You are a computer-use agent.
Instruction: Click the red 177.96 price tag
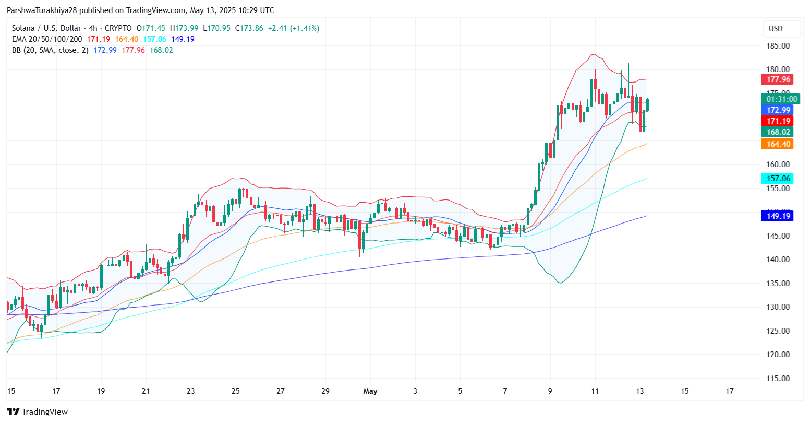coord(777,79)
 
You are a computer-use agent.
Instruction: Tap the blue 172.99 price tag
coord(777,110)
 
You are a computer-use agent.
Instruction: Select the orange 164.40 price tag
coord(777,144)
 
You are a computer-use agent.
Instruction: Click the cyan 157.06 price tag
coord(777,179)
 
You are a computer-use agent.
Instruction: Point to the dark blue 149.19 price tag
coord(777,216)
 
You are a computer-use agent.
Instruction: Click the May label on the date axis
coord(370,391)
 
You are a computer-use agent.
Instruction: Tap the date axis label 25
coord(235,391)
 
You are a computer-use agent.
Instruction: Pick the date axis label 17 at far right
coord(730,391)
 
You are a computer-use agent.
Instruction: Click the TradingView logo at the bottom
coord(37,412)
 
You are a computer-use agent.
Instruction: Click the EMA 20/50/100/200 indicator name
coord(47,39)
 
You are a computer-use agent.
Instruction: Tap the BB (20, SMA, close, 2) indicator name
coord(50,50)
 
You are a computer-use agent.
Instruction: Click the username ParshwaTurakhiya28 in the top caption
coord(42,10)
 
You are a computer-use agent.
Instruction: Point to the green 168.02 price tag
coord(777,132)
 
